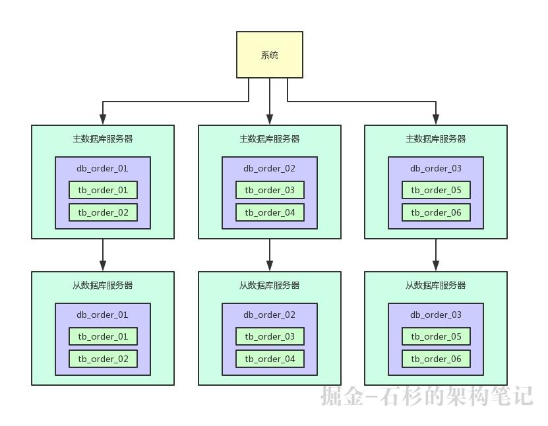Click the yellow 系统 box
click(x=270, y=55)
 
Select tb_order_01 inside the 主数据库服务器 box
click(x=103, y=190)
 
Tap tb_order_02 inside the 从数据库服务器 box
click(x=103, y=359)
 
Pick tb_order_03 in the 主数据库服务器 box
click(x=270, y=190)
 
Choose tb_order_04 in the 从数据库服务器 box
click(x=270, y=359)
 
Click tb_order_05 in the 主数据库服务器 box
click(x=436, y=190)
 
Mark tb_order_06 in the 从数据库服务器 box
click(x=436, y=359)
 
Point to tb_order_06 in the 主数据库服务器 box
click(x=436, y=212)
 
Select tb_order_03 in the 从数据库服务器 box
click(x=270, y=336)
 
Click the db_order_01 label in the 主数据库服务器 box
click(x=103, y=168)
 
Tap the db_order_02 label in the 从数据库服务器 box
click(x=270, y=315)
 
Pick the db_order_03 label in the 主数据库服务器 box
click(x=436, y=168)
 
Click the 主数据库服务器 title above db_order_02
click(x=270, y=139)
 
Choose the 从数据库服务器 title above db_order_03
click(x=436, y=286)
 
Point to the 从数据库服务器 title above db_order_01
click(x=103, y=286)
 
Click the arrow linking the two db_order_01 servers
click(x=103, y=255)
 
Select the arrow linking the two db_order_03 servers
click(x=436, y=255)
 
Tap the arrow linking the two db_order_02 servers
click(x=270, y=255)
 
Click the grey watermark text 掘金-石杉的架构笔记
click(x=427, y=396)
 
